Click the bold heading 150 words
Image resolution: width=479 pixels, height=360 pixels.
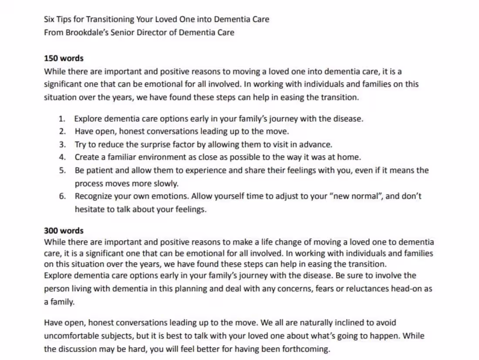[x=64, y=58]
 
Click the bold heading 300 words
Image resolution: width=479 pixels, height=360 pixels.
[x=64, y=231]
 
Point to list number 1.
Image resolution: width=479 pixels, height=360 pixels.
[x=62, y=119]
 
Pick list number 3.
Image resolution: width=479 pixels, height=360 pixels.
[x=62, y=144]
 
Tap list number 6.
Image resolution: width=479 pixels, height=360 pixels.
[x=62, y=196]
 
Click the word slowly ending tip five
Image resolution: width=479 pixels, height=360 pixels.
[x=166, y=183]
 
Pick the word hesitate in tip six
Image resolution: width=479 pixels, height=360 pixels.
[x=90, y=209]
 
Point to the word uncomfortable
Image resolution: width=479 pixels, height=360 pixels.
[x=71, y=336]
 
